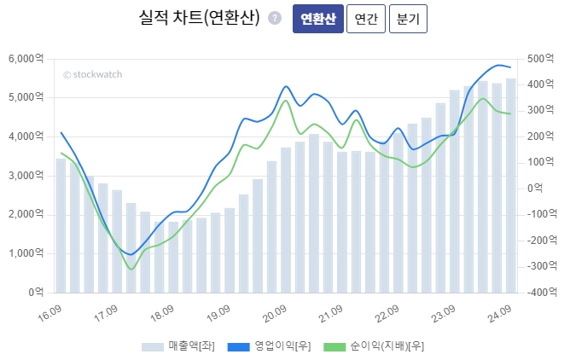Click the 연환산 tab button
(317, 19)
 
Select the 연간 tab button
(366, 19)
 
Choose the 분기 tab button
(408, 19)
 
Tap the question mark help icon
(274, 18)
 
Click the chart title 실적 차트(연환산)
(199, 18)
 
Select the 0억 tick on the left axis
(37, 292)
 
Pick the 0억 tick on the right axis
(536, 189)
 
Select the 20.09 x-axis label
(275, 314)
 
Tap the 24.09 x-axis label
(498, 314)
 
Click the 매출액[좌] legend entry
(177, 346)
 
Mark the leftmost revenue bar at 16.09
(61, 225)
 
